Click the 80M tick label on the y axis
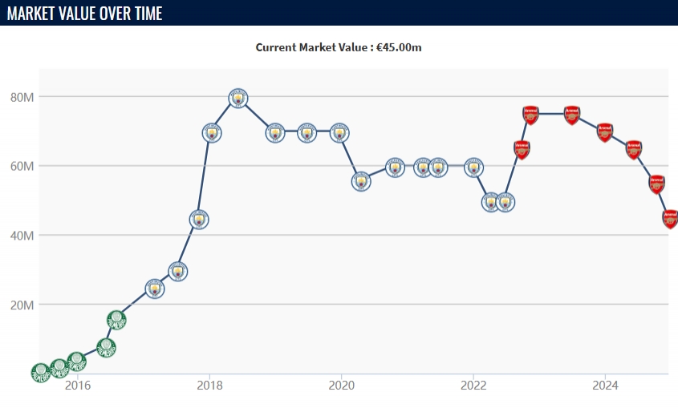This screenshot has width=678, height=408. [x=22, y=97]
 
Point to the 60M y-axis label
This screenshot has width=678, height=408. [x=22, y=166]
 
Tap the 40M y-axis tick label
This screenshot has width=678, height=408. [x=22, y=236]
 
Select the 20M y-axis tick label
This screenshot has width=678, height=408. [x=22, y=305]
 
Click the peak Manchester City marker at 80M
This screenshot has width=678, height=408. [x=237, y=98]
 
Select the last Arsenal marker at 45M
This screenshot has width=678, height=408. [x=671, y=218]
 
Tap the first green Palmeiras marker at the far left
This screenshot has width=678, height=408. [x=41, y=371]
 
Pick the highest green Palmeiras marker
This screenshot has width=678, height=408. [x=116, y=320]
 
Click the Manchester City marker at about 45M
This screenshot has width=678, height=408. [x=199, y=219]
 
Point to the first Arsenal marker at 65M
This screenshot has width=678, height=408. [x=522, y=149]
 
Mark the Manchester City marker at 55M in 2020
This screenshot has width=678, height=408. [x=361, y=181]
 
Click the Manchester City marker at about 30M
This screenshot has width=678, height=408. [x=177, y=271]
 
